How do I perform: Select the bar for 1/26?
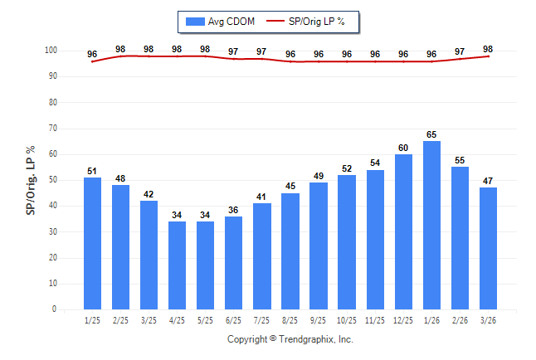[x=431, y=225]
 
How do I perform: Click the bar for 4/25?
[x=178, y=265]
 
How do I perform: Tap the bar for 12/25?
[x=403, y=231]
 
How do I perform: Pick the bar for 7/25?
[x=262, y=255]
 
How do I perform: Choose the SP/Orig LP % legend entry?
[x=312, y=21]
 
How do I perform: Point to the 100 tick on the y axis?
[x=51, y=51]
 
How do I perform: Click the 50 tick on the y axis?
[x=51, y=180]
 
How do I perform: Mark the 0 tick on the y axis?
[x=54, y=309]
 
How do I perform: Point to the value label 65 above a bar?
[x=431, y=134]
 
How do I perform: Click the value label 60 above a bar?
[x=403, y=147]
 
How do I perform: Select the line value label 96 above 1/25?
[x=93, y=55]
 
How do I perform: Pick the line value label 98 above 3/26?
[x=488, y=49]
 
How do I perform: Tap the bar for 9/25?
[x=319, y=246]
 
